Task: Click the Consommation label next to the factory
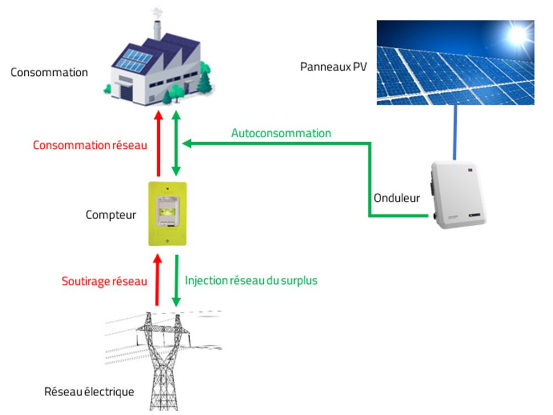[x=49, y=72]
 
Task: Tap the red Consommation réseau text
[x=90, y=145]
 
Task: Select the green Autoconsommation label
[x=281, y=133]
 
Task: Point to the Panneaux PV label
[x=333, y=67]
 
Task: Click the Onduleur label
[x=397, y=198]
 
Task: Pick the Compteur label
[x=111, y=215]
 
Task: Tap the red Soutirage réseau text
[x=105, y=281]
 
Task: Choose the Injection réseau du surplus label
[x=251, y=281]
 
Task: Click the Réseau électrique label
[x=89, y=392]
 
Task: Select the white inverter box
[x=458, y=194]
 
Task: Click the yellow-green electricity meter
[x=168, y=214]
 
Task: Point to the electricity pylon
[x=163, y=361]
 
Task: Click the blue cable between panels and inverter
[x=455, y=133]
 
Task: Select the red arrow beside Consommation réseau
[x=159, y=143]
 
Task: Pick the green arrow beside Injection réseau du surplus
[x=176, y=281]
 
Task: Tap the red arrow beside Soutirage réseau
[x=157, y=280]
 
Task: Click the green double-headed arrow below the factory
[x=176, y=143]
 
